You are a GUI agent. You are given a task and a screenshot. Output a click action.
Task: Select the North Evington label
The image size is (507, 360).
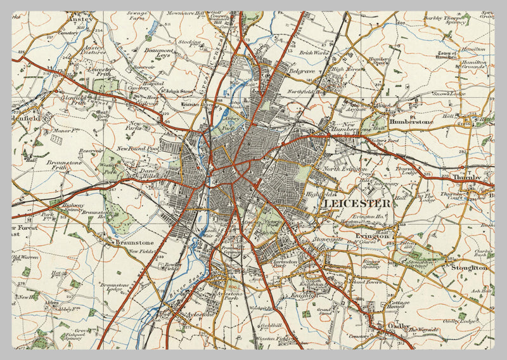345,169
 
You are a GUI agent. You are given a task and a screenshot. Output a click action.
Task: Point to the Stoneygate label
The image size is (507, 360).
327,240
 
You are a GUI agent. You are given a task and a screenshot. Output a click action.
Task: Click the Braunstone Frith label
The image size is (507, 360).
63,166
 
